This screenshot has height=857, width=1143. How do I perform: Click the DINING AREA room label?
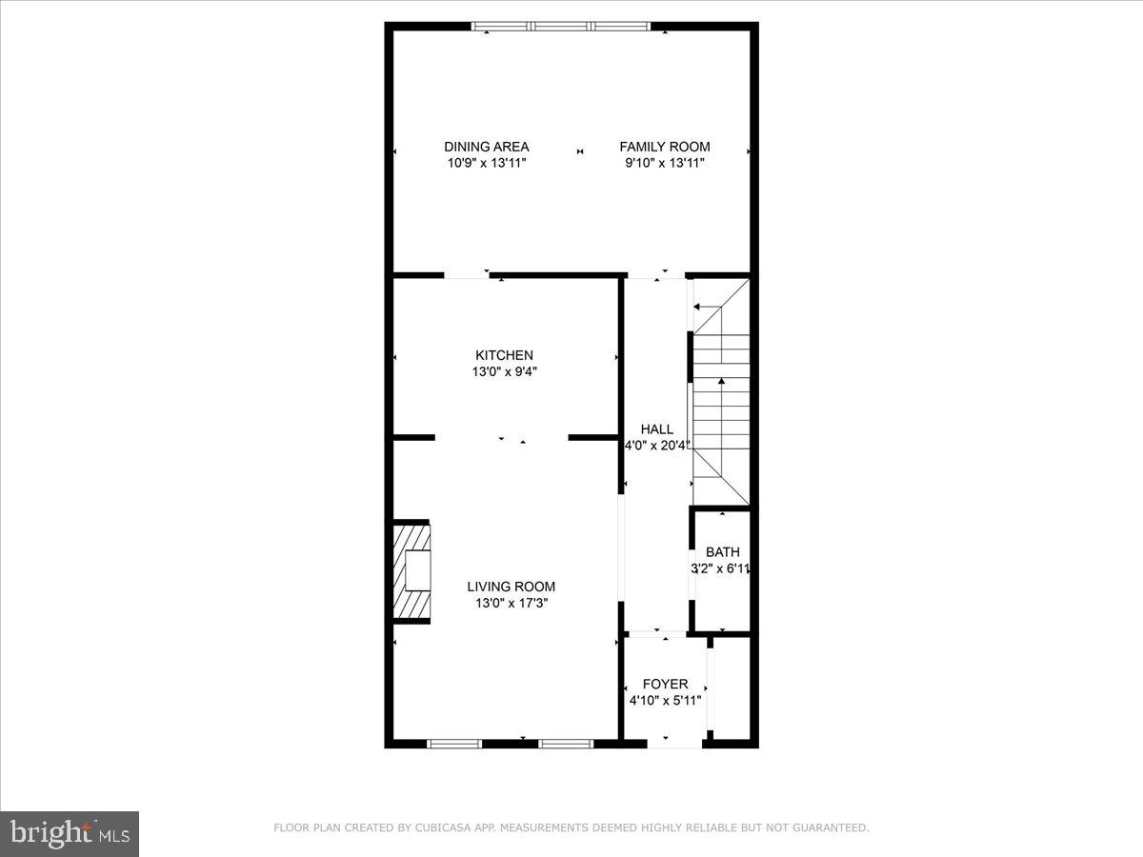point(486,147)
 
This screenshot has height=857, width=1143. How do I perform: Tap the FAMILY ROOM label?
point(664,147)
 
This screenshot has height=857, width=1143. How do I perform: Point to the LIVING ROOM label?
point(511,587)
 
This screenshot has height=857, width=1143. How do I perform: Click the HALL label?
point(656,429)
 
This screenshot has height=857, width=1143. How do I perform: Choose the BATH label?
point(722,552)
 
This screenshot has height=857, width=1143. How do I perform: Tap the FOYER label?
point(665,684)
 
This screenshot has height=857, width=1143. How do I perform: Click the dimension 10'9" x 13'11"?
point(486,163)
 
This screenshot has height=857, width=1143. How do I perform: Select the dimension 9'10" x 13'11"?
point(664,163)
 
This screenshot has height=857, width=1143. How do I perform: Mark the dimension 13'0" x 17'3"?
point(511,603)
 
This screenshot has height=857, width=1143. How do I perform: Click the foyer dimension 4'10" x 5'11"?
point(665,700)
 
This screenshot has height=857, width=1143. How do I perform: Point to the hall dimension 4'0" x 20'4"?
point(656,446)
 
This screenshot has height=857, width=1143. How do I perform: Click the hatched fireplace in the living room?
point(411,572)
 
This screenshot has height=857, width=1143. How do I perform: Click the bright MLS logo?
point(70,834)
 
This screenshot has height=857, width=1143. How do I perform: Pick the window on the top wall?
point(562,26)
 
